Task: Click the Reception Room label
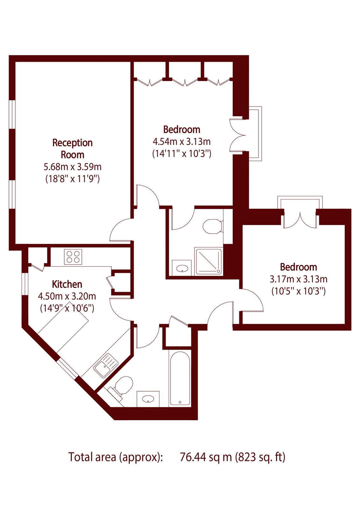(x=73, y=149)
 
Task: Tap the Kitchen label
(x=67, y=284)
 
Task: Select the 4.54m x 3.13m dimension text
(x=182, y=142)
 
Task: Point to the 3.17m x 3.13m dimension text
(x=298, y=279)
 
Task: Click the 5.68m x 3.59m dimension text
(x=73, y=167)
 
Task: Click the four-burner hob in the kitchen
(x=73, y=257)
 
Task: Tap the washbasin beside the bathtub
(x=148, y=399)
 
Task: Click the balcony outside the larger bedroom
(x=255, y=134)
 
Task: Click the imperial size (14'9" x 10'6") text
(x=67, y=308)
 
